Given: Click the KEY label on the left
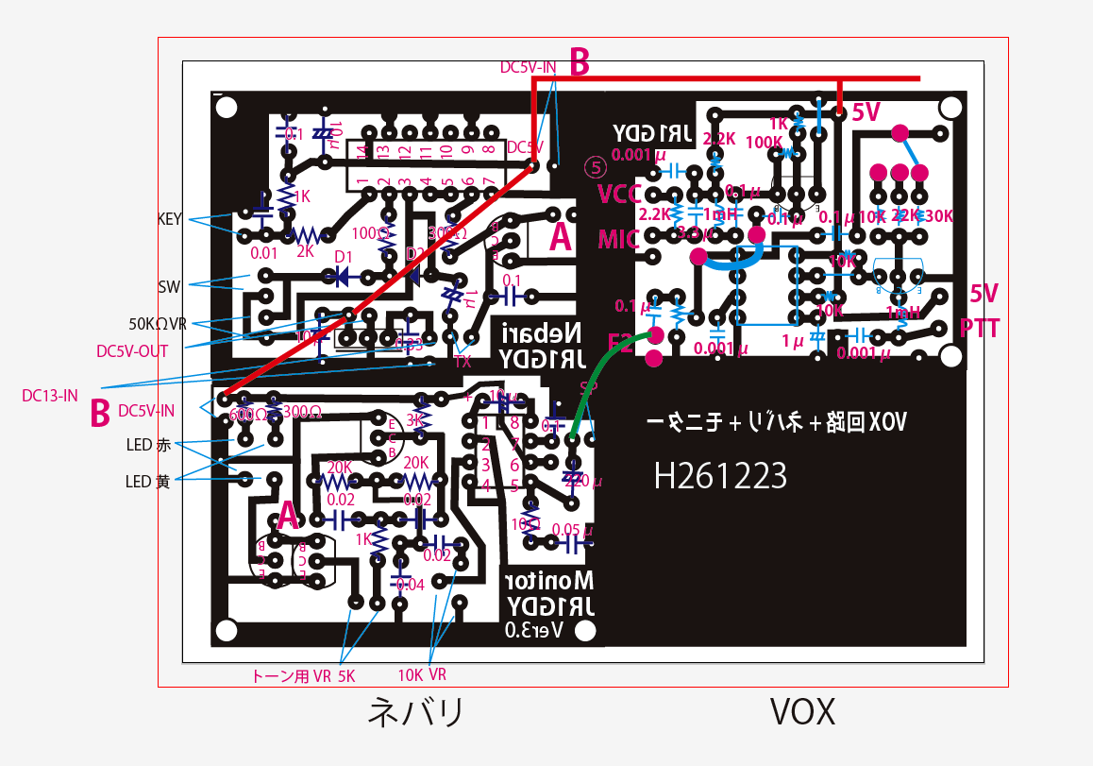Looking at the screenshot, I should (x=169, y=218).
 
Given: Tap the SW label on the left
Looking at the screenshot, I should (x=170, y=284).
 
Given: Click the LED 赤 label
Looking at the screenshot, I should (x=147, y=444).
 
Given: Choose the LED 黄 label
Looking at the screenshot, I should (x=147, y=482).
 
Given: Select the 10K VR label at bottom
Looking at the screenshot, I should (x=422, y=674).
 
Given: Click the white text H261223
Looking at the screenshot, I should (x=721, y=476).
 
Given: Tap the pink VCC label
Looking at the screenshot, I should (x=619, y=195).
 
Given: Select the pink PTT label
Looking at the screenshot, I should (x=979, y=328).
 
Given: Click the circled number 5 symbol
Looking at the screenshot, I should (x=596, y=166).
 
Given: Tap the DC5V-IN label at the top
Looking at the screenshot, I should (x=528, y=68).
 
